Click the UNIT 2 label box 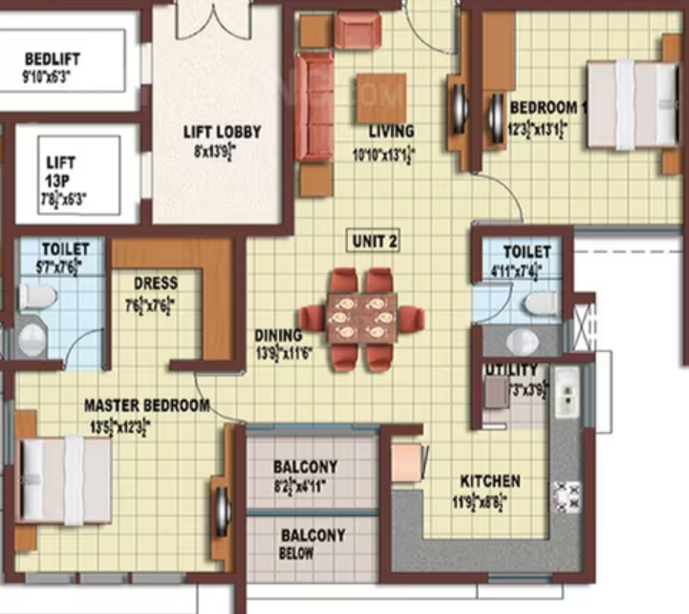coord(374,241)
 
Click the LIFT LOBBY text coord(222,133)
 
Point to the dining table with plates coord(360,319)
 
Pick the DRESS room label coord(155,283)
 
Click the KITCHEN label coord(490,480)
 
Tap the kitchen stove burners coord(568,496)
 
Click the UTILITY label coord(511,369)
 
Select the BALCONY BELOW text coord(312,544)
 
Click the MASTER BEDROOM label coord(146,406)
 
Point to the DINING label coord(278,336)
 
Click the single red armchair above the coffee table coord(357,33)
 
